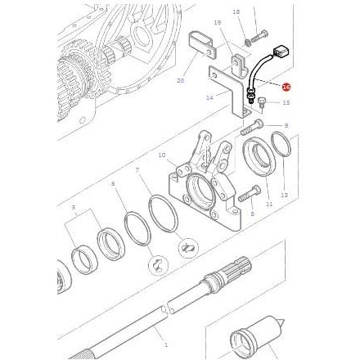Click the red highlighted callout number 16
coord(286,86)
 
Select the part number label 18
coord(236,12)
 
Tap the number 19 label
coord(218,23)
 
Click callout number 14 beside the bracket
coord(209,97)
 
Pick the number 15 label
coord(286,103)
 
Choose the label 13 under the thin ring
coord(284,196)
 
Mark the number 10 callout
coord(162,155)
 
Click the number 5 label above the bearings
coord(74,209)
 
